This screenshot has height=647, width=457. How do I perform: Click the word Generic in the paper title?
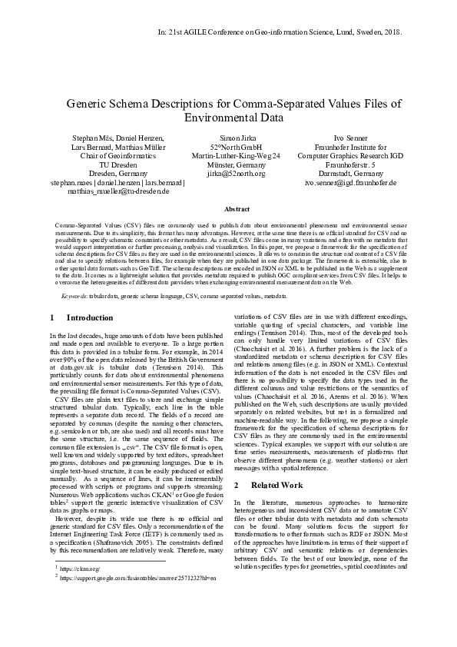(90, 104)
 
